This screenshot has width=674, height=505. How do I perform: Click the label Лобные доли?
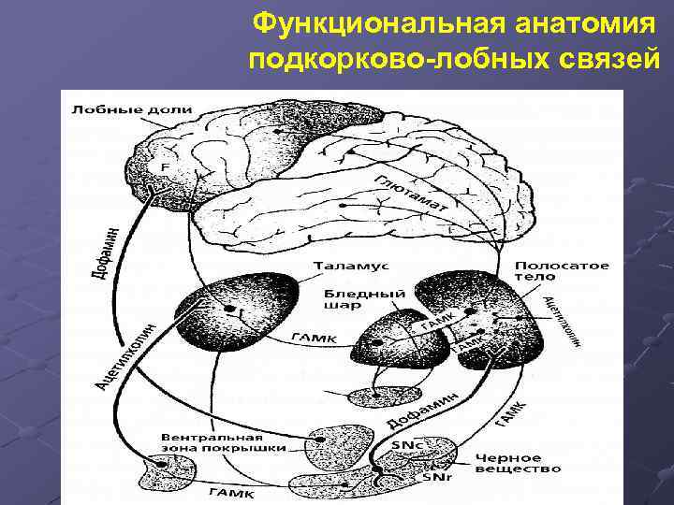pos(130,109)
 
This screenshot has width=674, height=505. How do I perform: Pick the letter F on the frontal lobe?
pos(166,166)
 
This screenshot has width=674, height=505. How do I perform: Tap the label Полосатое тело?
pos(561,270)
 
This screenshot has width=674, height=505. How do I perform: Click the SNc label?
pos(404,444)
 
